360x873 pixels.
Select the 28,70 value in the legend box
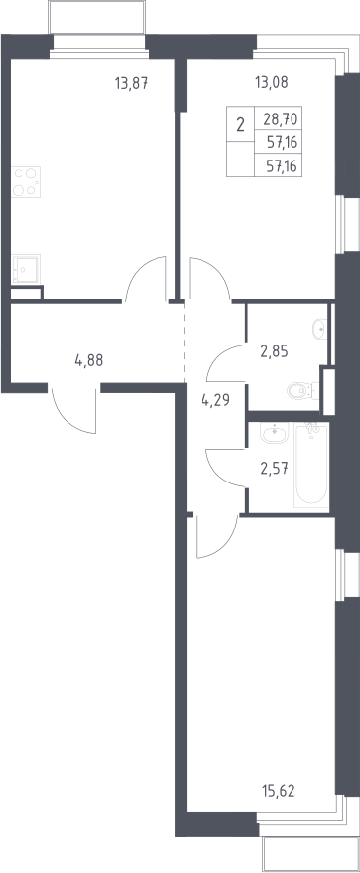point(282,118)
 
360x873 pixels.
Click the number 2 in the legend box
point(240,124)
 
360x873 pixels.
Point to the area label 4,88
point(88,360)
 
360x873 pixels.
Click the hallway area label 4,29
point(215,399)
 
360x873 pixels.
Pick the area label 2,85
point(274,351)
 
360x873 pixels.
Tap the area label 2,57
point(274,468)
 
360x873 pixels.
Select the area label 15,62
point(278,790)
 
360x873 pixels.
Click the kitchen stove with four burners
point(26,181)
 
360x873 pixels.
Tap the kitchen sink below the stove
point(26,269)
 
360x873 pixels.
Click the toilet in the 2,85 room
point(302,391)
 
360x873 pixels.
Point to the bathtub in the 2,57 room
point(312,465)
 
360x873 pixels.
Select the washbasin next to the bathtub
point(275,434)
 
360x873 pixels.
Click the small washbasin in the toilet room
point(320,329)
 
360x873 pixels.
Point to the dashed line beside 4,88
point(184,343)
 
